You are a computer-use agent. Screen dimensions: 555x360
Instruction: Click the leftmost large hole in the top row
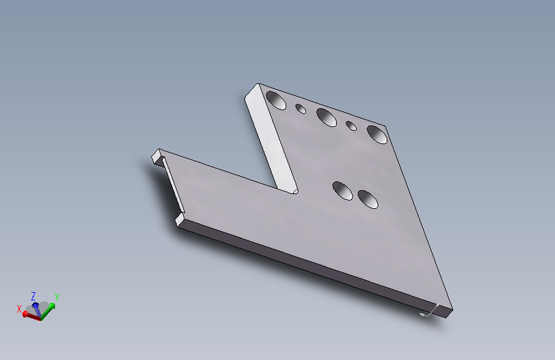[276, 101]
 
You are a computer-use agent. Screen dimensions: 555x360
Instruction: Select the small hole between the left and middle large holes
[300, 108]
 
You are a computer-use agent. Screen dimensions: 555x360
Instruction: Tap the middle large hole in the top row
[326, 118]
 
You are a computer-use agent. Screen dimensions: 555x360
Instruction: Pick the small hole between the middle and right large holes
[351, 126]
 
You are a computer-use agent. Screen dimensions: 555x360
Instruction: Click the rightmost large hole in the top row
[377, 135]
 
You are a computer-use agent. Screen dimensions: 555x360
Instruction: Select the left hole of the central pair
[342, 191]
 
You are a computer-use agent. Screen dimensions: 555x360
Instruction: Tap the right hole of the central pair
[367, 199]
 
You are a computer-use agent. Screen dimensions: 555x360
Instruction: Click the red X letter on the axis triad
[19, 309]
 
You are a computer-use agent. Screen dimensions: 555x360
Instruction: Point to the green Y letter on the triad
[56, 297]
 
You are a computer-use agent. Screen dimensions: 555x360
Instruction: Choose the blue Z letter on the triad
[33, 296]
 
